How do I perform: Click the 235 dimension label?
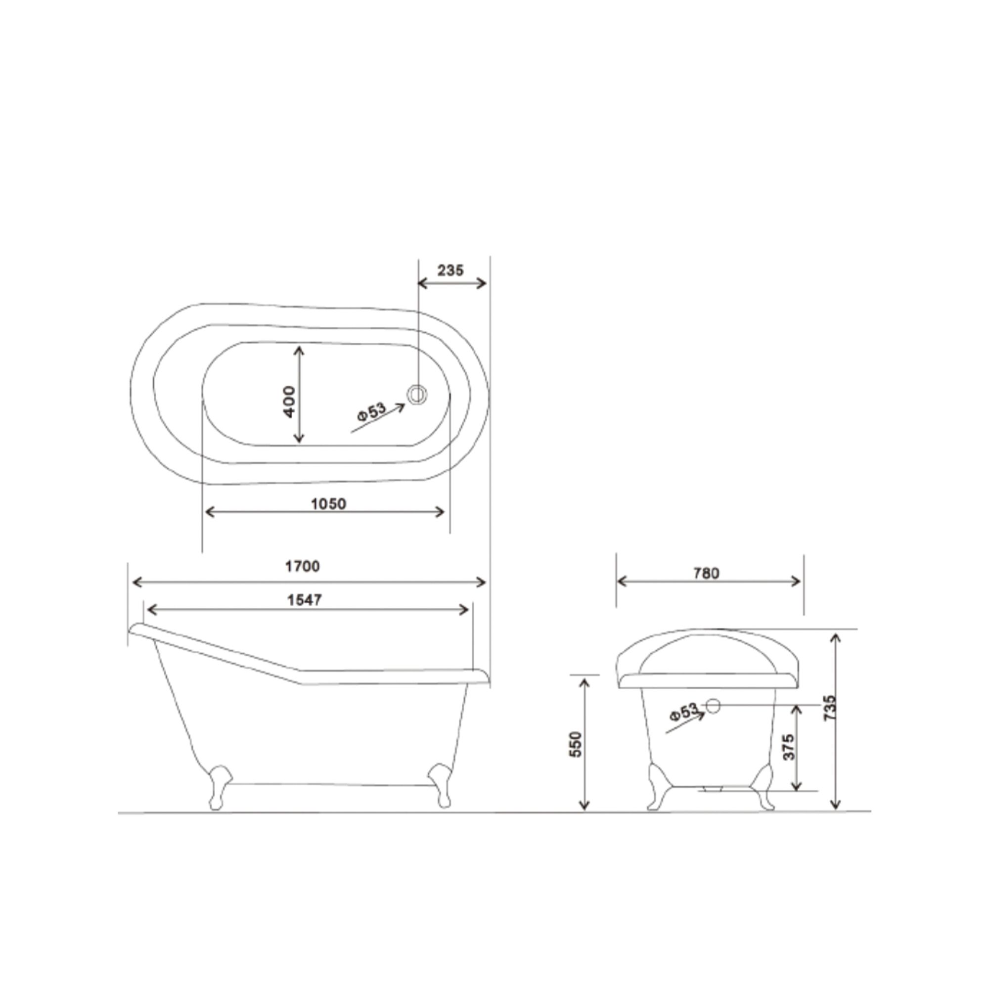(x=450, y=270)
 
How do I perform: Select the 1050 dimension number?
(x=329, y=504)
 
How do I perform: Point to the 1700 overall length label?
(x=303, y=566)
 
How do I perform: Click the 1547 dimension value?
(x=305, y=600)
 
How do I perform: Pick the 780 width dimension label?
(x=707, y=573)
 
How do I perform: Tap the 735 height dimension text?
(x=830, y=708)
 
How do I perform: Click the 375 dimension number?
(x=789, y=747)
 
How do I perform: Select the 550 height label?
(x=576, y=745)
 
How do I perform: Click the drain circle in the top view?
(x=417, y=395)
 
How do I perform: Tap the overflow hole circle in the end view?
(x=713, y=706)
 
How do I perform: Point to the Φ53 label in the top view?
(x=372, y=411)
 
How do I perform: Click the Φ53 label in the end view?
(x=683, y=712)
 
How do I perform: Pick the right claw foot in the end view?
(x=765, y=789)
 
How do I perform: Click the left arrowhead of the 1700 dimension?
(x=135, y=582)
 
